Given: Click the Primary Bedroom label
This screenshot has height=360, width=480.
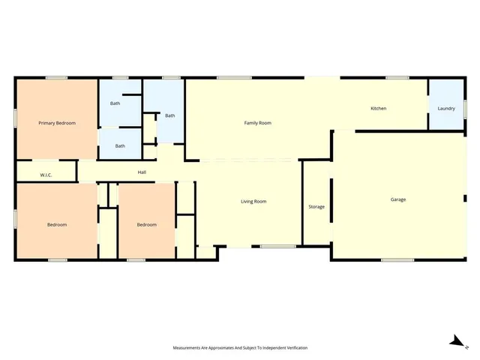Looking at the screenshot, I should tap(57, 123).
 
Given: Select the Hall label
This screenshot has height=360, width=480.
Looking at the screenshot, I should tap(142, 172).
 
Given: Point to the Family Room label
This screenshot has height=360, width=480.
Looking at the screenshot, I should tap(257, 122).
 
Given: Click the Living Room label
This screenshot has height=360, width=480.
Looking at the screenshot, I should tap(253, 201).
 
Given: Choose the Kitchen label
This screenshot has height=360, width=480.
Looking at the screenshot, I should tap(379, 109).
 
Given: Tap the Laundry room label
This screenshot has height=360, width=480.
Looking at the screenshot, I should tap(445, 109).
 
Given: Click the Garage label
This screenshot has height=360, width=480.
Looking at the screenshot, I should tap(397, 199).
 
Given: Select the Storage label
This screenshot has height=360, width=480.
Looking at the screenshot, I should tap(316, 206).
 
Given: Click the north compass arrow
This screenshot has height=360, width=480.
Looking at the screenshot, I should tap(455, 341).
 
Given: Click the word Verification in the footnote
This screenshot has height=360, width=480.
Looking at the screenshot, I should tap(295, 348).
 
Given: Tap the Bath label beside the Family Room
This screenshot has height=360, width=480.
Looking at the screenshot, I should tap(170, 115).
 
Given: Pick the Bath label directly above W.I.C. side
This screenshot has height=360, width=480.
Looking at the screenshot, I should tap(120, 146).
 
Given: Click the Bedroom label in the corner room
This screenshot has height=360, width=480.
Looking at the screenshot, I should tap(57, 224).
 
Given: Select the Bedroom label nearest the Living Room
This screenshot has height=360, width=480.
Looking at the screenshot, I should tap(146, 224).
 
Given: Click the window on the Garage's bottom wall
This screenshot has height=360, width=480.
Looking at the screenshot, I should tap(397, 260).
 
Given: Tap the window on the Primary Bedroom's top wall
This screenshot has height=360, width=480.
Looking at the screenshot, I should tap(57, 77).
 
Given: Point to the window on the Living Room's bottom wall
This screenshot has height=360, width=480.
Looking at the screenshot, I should tap(278, 247).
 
